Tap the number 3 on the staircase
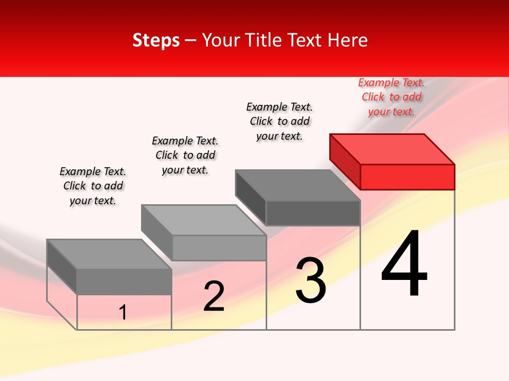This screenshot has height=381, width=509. (311, 280)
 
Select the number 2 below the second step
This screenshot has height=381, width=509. (214, 296)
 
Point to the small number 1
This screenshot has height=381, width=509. (123, 313)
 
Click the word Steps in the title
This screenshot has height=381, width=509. (156, 40)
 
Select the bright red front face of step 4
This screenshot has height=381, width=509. (407, 177)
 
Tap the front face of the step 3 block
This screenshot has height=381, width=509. (313, 213)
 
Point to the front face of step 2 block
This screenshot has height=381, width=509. (219, 248)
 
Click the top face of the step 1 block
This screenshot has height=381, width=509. (109, 254)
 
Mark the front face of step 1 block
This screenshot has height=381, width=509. (124, 282)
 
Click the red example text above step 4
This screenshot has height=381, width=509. (391, 97)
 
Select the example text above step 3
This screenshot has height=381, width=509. (279, 121)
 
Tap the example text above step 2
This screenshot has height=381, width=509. (185, 155)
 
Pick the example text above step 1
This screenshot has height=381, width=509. (93, 186)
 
